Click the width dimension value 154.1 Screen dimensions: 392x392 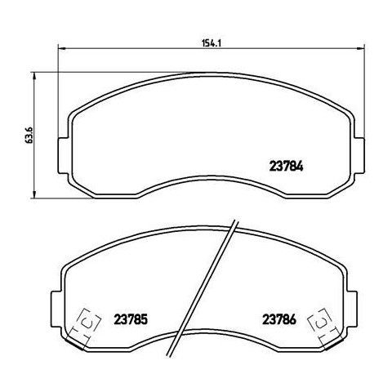[x=211, y=43]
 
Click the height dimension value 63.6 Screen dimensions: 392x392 [x=29, y=135]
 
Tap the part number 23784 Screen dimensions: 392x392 [x=286, y=167]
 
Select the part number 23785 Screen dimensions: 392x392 [x=131, y=319]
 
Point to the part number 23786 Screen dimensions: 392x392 [x=279, y=319]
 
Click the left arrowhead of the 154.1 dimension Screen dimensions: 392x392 [x=62, y=49]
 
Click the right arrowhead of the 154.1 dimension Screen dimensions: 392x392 [x=361, y=49]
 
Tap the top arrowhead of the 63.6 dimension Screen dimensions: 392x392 [x=33, y=76]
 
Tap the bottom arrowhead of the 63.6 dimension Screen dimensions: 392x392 [x=33, y=194]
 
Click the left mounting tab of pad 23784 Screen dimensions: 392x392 [x=63, y=155]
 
